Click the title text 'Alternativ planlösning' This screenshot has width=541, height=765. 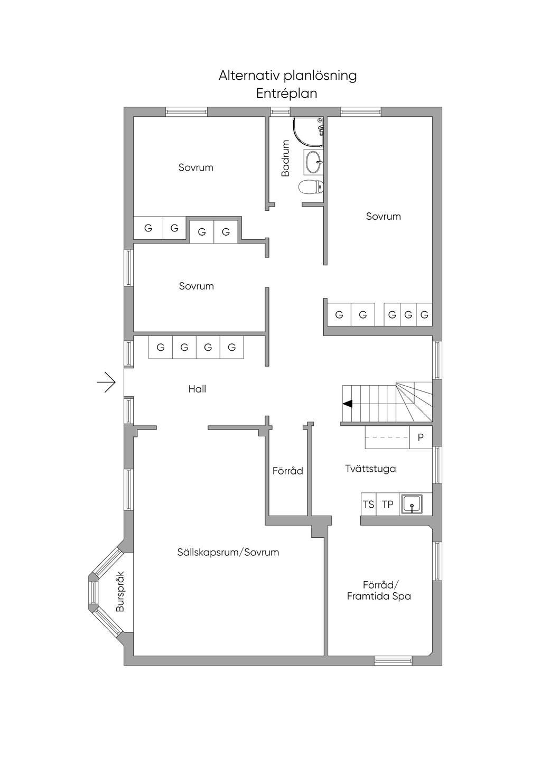(x=287, y=76)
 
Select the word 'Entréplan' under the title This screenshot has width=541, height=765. (x=286, y=94)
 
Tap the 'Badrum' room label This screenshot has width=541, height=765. (x=285, y=158)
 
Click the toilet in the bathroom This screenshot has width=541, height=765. (x=311, y=187)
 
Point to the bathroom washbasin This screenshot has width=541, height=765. (x=313, y=162)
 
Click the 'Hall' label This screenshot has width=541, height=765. (x=197, y=389)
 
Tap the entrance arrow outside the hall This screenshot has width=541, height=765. (x=107, y=382)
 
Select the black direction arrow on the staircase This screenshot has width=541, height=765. (x=348, y=404)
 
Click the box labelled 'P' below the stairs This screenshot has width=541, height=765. (x=421, y=437)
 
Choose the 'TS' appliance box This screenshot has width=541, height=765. (x=368, y=505)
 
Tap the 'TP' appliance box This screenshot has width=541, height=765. (x=388, y=505)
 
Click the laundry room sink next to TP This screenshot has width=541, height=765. (x=412, y=505)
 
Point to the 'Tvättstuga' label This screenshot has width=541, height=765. (x=370, y=469)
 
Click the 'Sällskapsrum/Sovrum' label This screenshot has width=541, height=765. (x=228, y=553)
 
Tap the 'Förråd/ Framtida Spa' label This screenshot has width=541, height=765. (x=379, y=591)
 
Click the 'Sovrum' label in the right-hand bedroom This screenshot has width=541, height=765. (x=383, y=217)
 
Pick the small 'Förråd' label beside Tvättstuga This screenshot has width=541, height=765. (x=288, y=471)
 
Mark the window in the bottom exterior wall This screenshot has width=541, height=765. (x=393, y=660)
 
